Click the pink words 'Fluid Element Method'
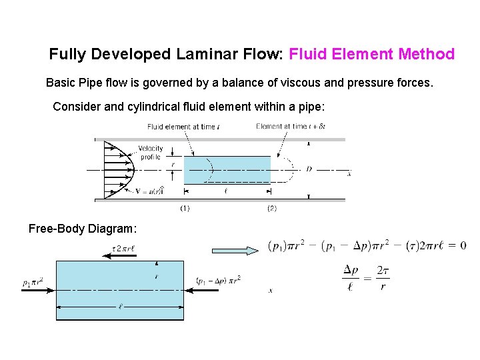[372, 55]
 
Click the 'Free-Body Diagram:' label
[83, 229]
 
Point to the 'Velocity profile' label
[151, 153]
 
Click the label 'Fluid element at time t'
[183, 127]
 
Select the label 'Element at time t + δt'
[290, 127]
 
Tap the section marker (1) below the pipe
[185, 209]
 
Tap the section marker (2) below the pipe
[271, 209]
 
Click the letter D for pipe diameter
[309, 170]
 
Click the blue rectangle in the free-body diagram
[120, 289]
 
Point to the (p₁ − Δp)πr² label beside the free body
[219, 279]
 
